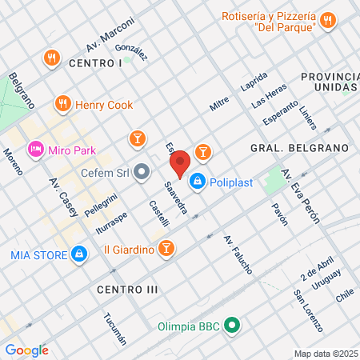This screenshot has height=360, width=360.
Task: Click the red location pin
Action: pyautogui.click(x=180, y=163)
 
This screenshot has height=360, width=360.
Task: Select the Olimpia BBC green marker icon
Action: pyautogui.click(x=232, y=325)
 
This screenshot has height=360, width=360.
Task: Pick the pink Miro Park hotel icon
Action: pyautogui.click(x=35, y=149)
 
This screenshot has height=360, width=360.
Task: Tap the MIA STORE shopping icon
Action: pyautogui.click(x=78, y=254)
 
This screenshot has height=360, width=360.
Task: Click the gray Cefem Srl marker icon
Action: pyautogui.click(x=142, y=170)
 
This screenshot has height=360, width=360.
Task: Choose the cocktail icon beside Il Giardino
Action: pyautogui.click(x=166, y=249)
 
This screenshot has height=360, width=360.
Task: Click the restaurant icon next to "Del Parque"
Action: pyautogui.click(x=327, y=22)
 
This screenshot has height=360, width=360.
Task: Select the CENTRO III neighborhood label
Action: pyautogui.click(x=127, y=288)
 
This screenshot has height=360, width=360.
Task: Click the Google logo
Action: pyautogui.click(x=26, y=349)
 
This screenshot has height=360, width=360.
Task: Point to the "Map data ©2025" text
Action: pyautogui.click(x=325, y=354)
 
